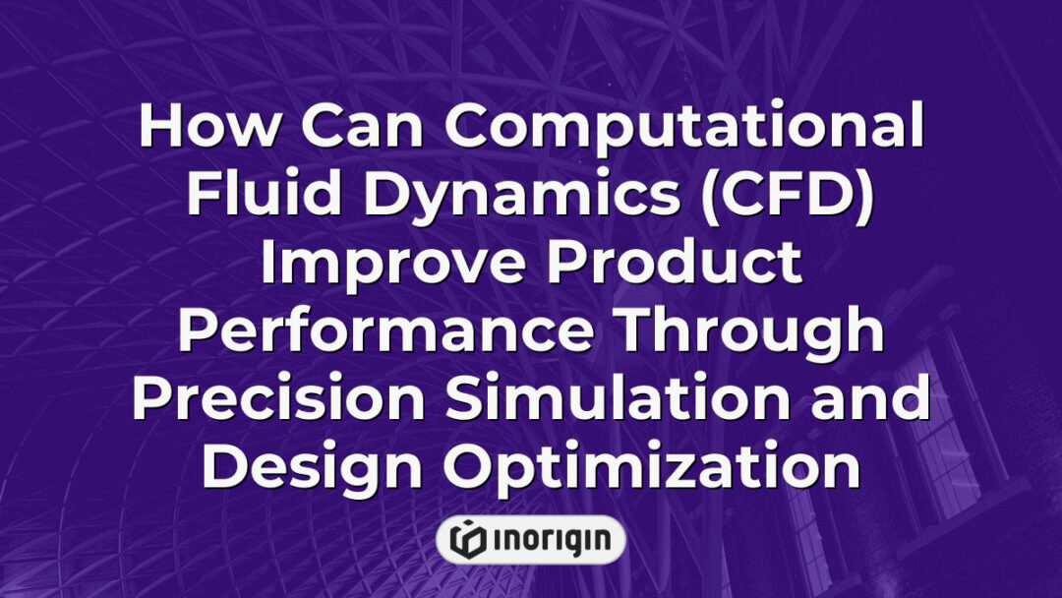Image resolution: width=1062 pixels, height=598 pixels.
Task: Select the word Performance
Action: point(384,329)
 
